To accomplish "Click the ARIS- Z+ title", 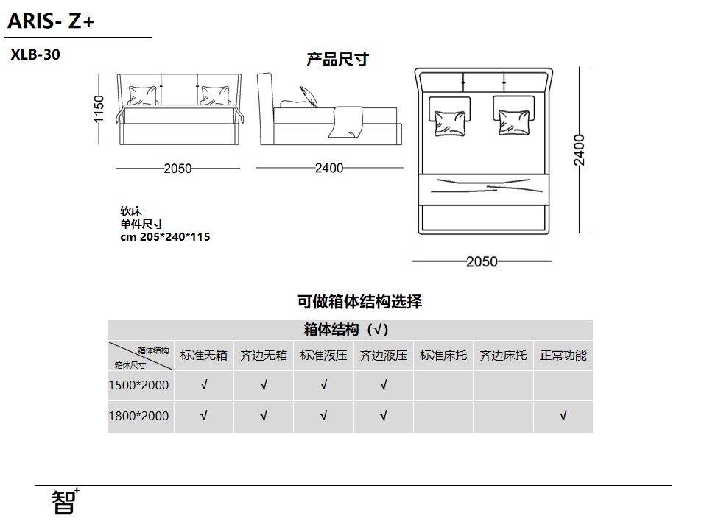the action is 51,21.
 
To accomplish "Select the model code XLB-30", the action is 35,54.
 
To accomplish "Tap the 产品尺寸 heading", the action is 338,59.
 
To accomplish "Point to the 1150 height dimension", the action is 99,109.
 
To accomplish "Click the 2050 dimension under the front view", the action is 177,169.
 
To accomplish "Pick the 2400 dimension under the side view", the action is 329,168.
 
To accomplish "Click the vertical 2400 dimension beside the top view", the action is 580,150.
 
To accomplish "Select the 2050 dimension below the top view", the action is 482,261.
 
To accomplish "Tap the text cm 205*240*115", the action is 165,237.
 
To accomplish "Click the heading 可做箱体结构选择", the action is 359,302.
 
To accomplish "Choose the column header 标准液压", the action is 324,356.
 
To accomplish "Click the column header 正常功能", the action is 563,356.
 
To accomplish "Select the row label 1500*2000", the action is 139,385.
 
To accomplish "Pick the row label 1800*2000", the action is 139,416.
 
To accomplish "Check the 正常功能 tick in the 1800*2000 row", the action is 563,415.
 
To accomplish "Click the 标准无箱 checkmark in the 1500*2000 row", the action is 204,385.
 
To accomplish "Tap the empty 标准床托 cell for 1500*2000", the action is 443,386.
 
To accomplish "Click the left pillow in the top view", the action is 449,123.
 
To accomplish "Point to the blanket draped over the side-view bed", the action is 346,121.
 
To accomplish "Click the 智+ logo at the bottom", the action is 66,501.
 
